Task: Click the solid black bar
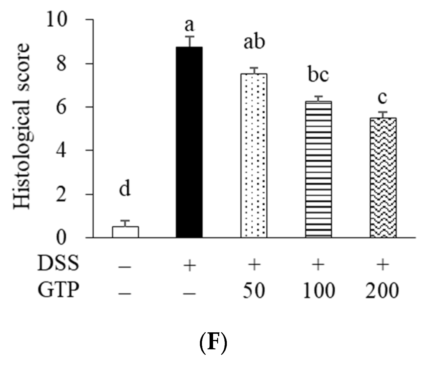click(x=189, y=142)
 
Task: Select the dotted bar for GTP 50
click(x=254, y=155)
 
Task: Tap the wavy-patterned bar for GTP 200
click(x=383, y=177)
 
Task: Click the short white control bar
click(x=125, y=232)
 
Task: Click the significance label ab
click(x=254, y=42)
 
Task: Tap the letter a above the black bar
click(x=189, y=25)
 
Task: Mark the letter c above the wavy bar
click(x=383, y=98)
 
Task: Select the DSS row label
click(x=58, y=264)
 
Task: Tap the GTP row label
click(x=58, y=291)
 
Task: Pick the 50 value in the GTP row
click(x=254, y=291)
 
